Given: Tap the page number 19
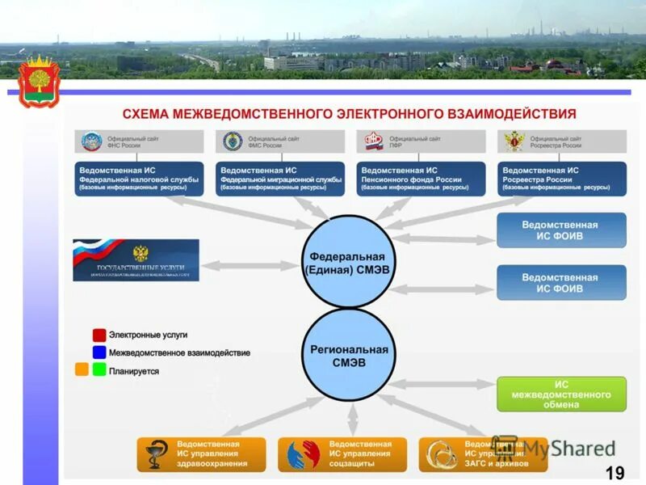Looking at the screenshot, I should [x=615, y=473].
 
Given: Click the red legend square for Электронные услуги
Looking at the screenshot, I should [x=99, y=335].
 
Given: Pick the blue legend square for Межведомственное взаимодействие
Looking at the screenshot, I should [x=99, y=352].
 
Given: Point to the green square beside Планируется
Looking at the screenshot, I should [x=99, y=370].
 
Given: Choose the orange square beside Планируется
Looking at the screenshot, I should [x=82, y=370].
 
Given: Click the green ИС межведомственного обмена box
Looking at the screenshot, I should [x=561, y=394].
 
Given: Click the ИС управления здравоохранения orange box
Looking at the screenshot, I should [x=201, y=455].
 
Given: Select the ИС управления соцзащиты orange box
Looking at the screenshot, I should [x=342, y=455].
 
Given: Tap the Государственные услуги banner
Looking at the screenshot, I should [x=136, y=260].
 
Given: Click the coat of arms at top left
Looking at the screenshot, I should [x=37, y=81].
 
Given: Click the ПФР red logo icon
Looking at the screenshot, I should [x=373, y=142].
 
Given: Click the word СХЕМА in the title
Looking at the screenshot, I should [x=149, y=113].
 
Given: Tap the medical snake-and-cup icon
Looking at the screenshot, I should [x=154, y=455].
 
